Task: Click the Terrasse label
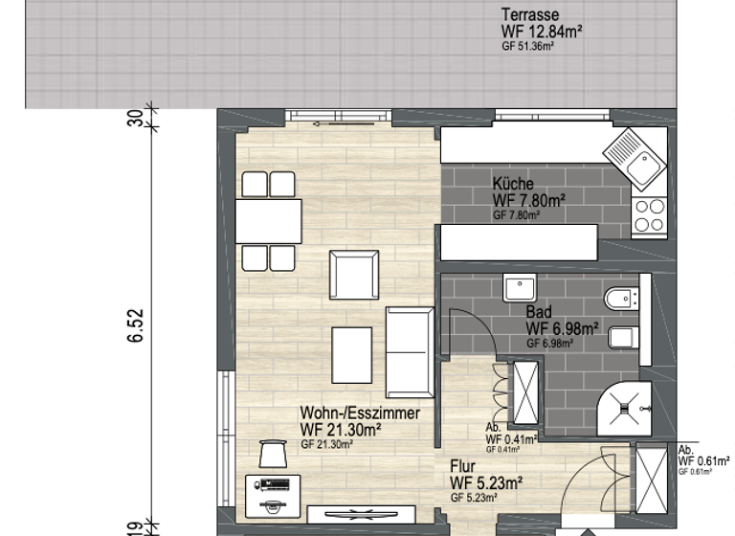(532, 14)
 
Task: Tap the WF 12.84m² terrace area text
(542, 31)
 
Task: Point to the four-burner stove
(649, 215)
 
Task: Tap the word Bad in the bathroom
(538, 312)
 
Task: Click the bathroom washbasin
(523, 288)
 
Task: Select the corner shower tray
(626, 406)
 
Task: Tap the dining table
(269, 221)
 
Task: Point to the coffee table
(352, 354)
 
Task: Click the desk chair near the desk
(273, 454)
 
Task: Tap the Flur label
(463, 465)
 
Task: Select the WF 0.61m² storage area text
(704, 461)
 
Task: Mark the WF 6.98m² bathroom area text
(563, 328)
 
